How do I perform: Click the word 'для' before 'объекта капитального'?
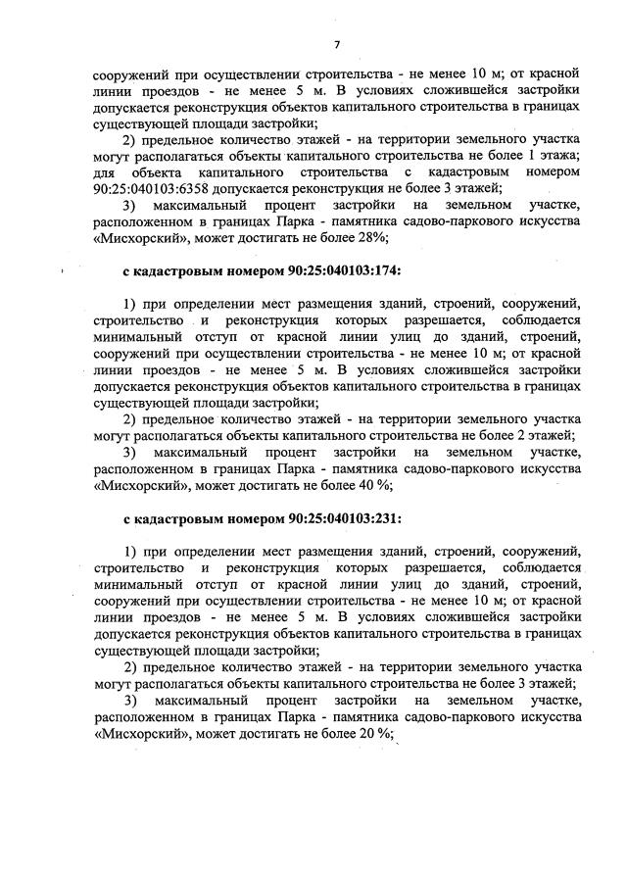(x=107, y=173)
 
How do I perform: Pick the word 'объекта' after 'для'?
(x=172, y=173)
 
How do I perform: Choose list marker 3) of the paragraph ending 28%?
(x=131, y=206)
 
